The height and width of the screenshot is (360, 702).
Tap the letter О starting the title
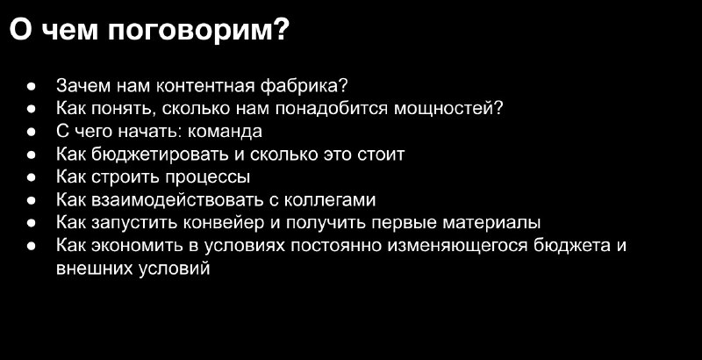coord(21,31)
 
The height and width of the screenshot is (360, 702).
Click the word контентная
coord(205,86)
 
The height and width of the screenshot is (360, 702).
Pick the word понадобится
coord(332,109)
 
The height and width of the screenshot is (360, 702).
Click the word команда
coord(225,132)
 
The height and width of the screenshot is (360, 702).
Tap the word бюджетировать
coord(161,155)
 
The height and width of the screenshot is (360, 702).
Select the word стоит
coord(382,155)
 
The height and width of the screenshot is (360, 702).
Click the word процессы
coord(208,177)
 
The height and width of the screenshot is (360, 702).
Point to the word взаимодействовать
coord(177,200)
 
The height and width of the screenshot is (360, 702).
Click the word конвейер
coord(227,223)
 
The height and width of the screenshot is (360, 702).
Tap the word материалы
coord(491,223)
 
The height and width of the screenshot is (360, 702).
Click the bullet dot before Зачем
coord(31,86)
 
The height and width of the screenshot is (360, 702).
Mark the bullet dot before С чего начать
coord(31,132)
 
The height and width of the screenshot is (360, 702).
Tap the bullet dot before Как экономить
coord(31,246)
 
